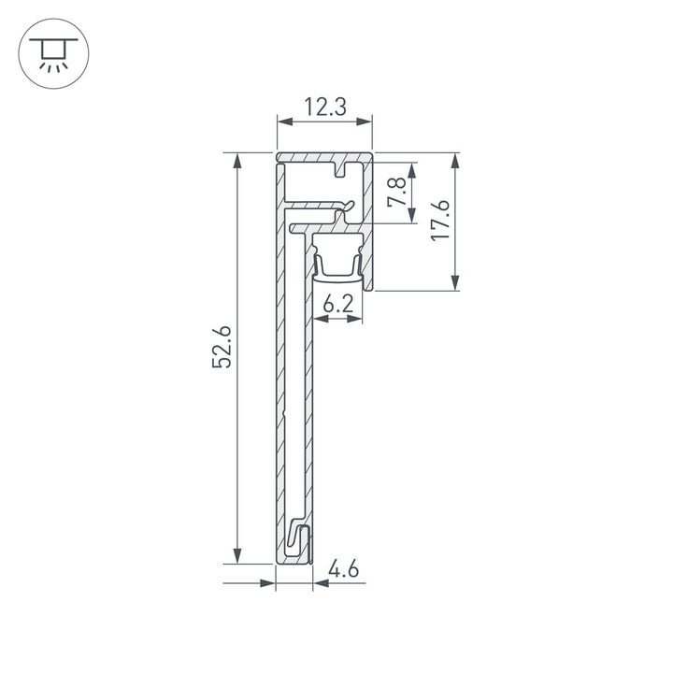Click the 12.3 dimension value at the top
coord(324,108)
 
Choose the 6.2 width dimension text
coord(337,305)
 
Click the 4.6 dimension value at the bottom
coord(343,568)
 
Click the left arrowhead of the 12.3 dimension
coord(283,121)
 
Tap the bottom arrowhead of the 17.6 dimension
coord(456,284)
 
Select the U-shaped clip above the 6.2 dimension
coord(337,260)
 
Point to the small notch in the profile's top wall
coord(343,171)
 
